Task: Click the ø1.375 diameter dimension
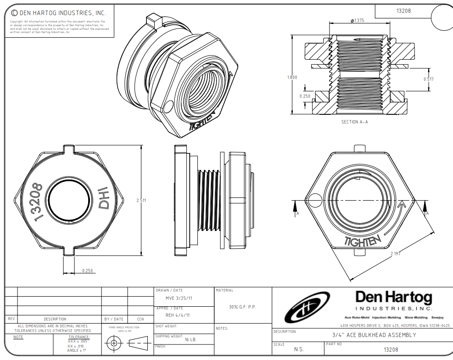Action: [357, 21]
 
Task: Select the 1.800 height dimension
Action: [292, 77]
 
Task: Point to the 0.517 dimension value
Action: [428, 79]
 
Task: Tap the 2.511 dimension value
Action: [141, 200]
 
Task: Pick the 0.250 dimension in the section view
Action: [305, 96]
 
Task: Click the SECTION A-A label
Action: [354, 122]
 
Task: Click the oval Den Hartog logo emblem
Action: [307, 306]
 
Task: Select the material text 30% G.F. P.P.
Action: [242, 307]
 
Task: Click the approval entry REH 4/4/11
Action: [177, 315]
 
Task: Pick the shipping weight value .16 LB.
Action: [190, 339]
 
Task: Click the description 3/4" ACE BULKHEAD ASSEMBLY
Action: [374, 335]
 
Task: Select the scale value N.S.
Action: [298, 349]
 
